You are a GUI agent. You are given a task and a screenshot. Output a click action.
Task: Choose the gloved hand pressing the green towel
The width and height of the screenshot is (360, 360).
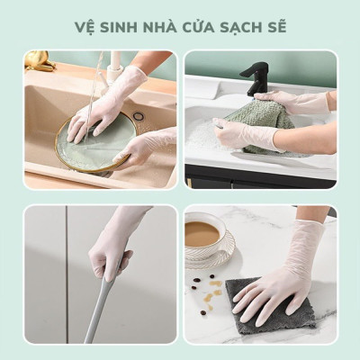(239, 133)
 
